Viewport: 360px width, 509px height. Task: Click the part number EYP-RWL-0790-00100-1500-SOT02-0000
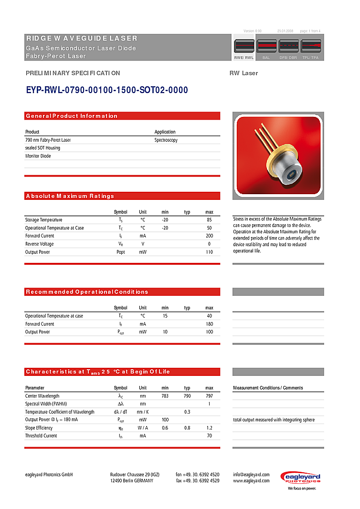(106, 90)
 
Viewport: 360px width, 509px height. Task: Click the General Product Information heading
(72, 116)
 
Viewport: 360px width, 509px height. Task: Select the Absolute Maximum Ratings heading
(70, 196)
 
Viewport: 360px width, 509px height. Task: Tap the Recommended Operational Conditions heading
(87, 292)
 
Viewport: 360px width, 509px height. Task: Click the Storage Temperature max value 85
(209, 220)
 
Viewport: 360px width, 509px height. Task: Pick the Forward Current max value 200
(209, 236)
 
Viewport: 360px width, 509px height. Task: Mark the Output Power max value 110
(209, 252)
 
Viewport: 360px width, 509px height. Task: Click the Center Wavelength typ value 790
(187, 396)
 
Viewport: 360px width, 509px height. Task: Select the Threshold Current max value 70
(209, 436)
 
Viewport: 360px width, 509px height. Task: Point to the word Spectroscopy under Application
(166, 140)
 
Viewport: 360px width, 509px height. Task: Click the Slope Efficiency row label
(39, 428)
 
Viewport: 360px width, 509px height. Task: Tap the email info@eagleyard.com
(251, 475)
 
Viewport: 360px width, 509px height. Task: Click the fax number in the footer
(197, 481)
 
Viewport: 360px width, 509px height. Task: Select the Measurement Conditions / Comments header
(268, 388)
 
